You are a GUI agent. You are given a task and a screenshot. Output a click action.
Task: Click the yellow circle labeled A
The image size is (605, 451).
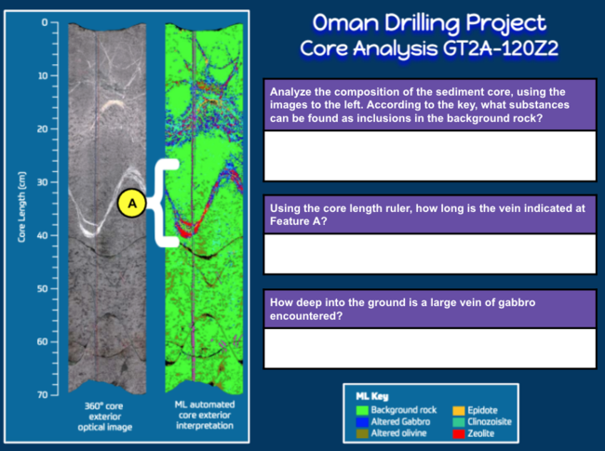pos(132,203)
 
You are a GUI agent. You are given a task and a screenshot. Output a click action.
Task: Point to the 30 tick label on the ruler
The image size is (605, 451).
pos(42,182)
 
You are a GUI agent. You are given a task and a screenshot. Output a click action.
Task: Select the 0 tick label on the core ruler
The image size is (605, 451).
pos(45,22)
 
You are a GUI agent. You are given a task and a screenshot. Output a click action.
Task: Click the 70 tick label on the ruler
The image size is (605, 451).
pos(42,394)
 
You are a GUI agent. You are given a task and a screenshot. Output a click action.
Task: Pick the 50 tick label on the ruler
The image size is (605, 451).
pos(42,288)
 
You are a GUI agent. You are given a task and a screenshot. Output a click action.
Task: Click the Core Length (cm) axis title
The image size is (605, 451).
pos(21,207)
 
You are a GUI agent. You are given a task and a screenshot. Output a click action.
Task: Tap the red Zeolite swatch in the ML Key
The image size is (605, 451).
pos(458,433)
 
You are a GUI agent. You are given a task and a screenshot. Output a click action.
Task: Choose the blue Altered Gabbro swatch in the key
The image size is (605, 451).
pos(362,421)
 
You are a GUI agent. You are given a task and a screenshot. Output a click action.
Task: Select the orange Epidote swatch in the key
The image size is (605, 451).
pos(458,410)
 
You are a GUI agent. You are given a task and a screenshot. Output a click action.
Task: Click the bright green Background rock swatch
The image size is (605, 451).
pos(362,410)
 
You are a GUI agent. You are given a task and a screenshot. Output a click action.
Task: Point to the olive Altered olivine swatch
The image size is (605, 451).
pos(362,433)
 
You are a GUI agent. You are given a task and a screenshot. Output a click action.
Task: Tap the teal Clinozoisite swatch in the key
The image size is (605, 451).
pos(458,421)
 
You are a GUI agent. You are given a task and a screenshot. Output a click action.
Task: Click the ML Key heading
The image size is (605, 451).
pos(372,396)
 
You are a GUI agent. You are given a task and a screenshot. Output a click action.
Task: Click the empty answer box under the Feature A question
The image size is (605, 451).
pos(430,254)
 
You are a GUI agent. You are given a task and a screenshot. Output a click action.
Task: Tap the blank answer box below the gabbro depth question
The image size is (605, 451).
pos(430,349)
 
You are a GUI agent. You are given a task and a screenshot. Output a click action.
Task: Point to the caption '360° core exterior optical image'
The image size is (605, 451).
pos(104,417)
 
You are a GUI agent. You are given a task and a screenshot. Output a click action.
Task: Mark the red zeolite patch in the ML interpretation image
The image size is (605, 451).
pos(187,229)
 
